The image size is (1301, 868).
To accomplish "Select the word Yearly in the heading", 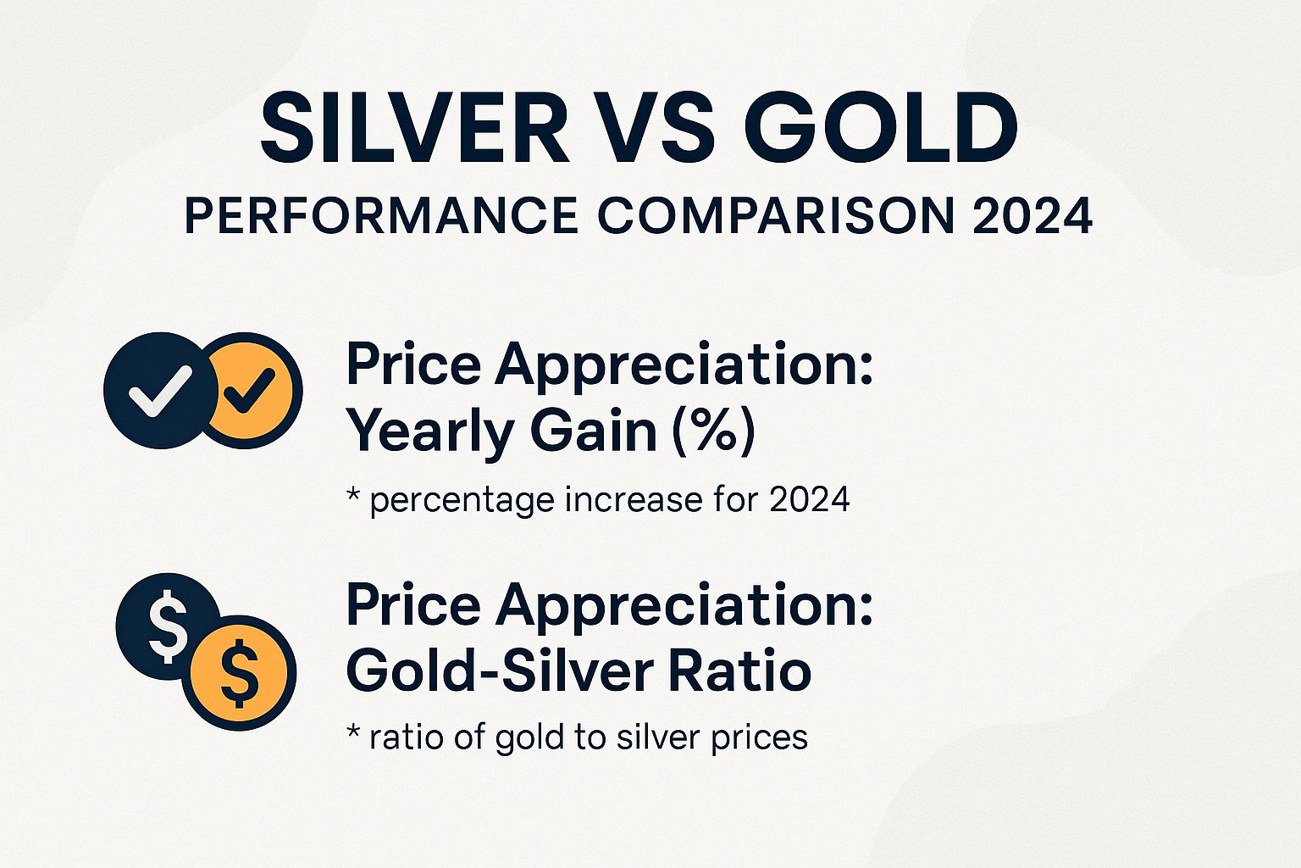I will point(432,431).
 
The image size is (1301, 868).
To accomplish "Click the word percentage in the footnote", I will point(462,500).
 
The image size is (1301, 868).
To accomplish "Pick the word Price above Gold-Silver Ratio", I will point(413,605).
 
